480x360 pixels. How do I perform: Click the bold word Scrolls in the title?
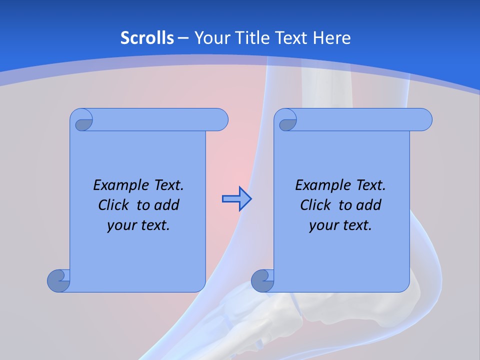coord(147,38)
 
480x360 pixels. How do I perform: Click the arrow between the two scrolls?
coord(236,199)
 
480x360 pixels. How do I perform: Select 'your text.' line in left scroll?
coord(138,225)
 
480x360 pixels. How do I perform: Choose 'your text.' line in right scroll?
coord(340,225)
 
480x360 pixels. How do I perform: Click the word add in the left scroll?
coord(167,205)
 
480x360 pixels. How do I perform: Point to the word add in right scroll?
coord(369,205)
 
